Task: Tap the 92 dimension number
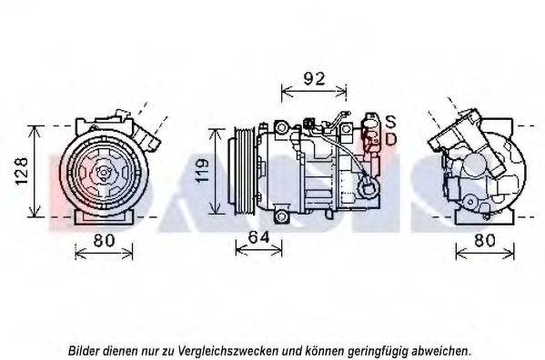coord(314,78)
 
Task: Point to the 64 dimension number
coord(259,237)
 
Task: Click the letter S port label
coord(390,122)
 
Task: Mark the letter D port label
coord(390,139)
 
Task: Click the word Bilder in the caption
coord(86,349)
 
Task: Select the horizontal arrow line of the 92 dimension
coord(314,92)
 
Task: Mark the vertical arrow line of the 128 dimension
coord(35,171)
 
